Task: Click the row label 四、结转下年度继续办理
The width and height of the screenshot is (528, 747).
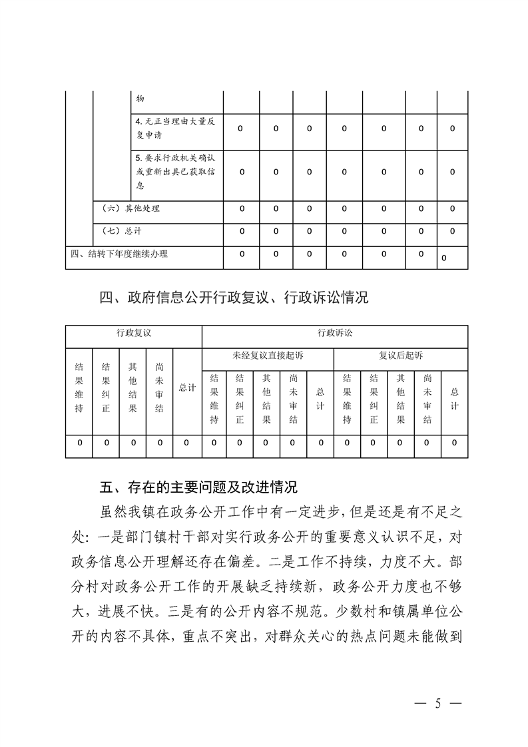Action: [x=119, y=254]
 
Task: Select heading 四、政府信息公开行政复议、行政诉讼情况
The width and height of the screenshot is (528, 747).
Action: [x=234, y=298]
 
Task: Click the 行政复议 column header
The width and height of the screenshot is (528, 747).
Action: [x=133, y=332]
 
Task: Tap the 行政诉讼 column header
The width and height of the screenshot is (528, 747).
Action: [x=335, y=332]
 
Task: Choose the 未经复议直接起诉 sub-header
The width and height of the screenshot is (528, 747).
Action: [x=268, y=356]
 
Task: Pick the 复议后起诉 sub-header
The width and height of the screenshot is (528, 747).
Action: [x=401, y=356]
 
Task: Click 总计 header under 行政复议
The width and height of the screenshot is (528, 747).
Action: [x=187, y=388]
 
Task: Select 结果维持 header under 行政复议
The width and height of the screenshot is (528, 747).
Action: [x=79, y=388]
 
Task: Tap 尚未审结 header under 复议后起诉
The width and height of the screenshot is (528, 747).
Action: [x=427, y=398]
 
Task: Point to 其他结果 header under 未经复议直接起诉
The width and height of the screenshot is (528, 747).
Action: [x=266, y=398]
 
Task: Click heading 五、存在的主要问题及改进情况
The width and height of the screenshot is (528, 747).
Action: [x=198, y=487]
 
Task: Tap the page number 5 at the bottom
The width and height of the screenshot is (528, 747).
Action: [x=437, y=703]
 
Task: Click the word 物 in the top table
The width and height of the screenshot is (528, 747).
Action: [x=140, y=99]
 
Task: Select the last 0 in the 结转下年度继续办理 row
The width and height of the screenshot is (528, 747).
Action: [x=443, y=257]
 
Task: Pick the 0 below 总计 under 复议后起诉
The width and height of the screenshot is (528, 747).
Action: [x=455, y=442]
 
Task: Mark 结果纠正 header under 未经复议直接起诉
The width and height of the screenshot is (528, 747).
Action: [x=240, y=398]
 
